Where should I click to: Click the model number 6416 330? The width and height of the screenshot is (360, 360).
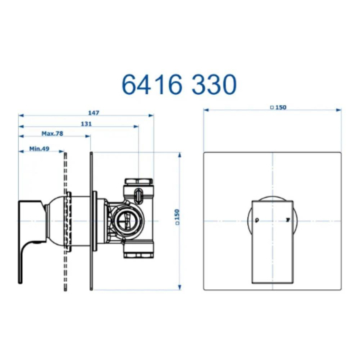[x=179, y=84]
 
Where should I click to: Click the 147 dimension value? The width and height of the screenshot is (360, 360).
[x=93, y=113]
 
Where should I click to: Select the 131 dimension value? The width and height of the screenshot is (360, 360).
[x=87, y=124]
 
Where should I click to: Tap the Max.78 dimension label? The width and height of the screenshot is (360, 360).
[x=52, y=134]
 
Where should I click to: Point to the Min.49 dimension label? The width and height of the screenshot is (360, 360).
[x=39, y=149]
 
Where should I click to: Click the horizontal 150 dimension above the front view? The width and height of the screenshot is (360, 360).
[x=278, y=107]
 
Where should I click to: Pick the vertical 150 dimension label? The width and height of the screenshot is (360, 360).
[x=177, y=217]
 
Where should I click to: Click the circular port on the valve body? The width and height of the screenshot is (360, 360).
[x=127, y=220]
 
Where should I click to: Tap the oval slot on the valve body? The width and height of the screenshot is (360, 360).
[x=138, y=195]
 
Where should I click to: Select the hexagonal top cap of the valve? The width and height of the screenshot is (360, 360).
[x=138, y=181]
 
